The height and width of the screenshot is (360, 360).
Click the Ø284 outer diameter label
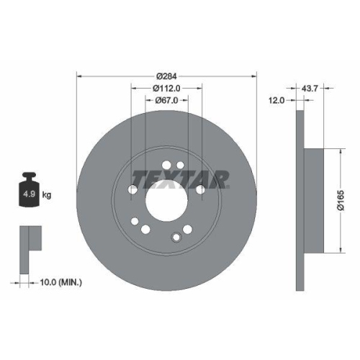point(166,75)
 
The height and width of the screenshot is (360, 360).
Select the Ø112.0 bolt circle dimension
point(166,88)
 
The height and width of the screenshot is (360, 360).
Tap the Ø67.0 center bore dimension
point(166,101)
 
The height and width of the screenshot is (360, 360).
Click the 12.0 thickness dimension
point(277,101)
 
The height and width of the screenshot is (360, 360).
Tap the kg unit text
point(47,195)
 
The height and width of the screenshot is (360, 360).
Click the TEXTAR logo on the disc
point(181,177)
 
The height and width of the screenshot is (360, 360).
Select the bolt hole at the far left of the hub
point(133,189)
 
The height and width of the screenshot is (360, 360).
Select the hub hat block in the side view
point(313,200)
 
